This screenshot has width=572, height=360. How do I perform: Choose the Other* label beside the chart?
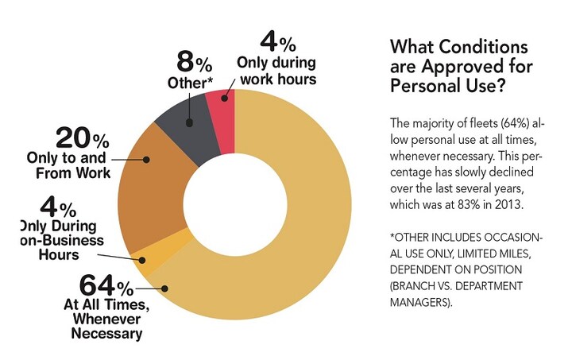188,83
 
